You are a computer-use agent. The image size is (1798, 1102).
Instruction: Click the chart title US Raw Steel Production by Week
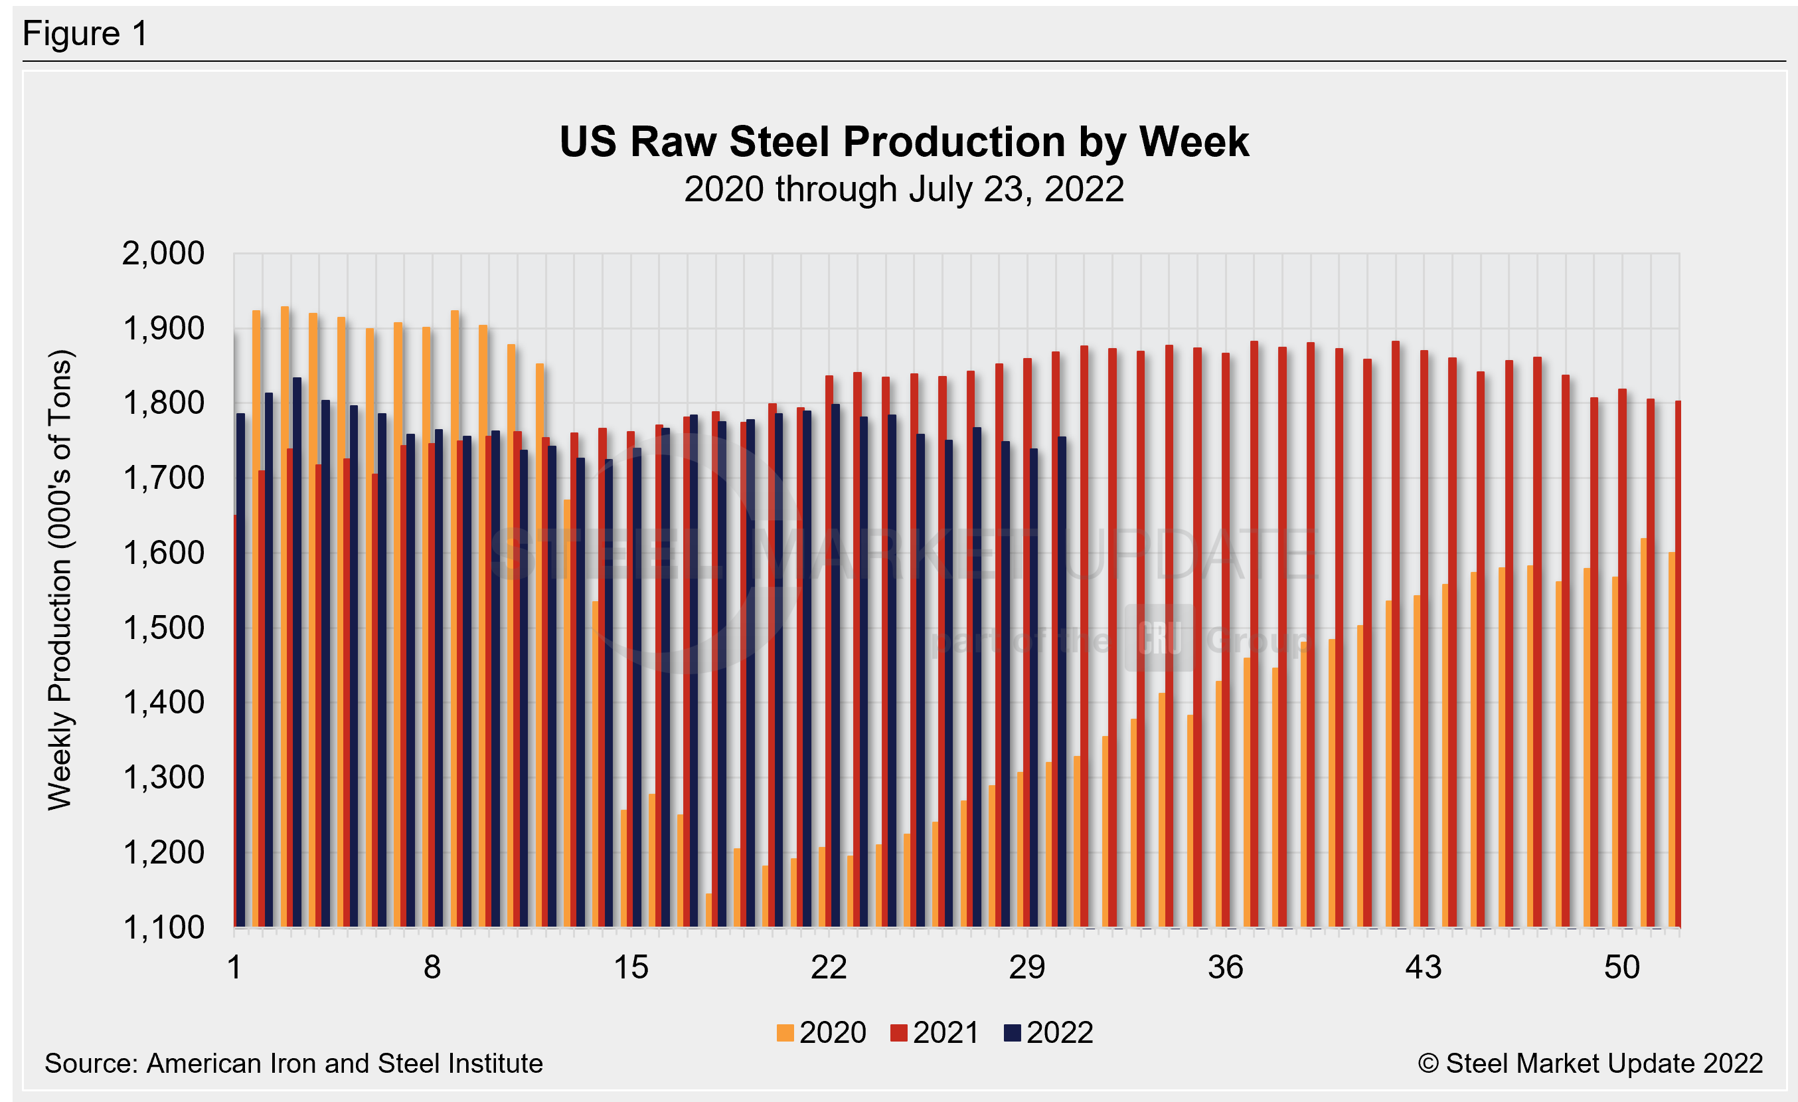click(x=904, y=141)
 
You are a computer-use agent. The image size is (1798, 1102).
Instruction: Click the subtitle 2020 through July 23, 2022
click(x=904, y=190)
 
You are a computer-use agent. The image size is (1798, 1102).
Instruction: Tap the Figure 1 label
click(x=86, y=34)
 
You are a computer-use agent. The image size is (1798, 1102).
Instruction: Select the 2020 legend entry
click(x=822, y=1033)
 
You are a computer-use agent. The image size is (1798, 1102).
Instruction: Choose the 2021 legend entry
click(x=935, y=1033)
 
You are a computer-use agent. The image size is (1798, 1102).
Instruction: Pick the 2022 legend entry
click(x=1048, y=1033)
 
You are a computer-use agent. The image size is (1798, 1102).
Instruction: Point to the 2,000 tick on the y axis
click(x=163, y=254)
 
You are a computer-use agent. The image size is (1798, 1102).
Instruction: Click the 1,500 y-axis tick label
click(x=163, y=628)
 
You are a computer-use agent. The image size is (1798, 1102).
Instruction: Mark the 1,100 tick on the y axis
click(x=163, y=927)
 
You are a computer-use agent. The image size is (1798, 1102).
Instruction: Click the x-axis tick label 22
click(x=829, y=968)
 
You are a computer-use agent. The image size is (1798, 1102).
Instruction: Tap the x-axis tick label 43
click(x=1424, y=968)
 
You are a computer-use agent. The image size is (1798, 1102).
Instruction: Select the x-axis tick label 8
click(x=432, y=968)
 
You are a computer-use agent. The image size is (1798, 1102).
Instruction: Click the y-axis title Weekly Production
click(x=60, y=580)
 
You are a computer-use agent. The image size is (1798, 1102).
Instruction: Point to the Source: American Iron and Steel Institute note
click(x=293, y=1063)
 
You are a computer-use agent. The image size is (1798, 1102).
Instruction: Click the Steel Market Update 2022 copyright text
click(x=1590, y=1063)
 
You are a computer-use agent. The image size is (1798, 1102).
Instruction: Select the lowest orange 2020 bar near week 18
click(x=708, y=910)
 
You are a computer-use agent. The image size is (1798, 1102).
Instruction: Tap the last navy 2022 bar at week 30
click(x=1062, y=682)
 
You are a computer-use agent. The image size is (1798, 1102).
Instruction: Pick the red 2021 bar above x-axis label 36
click(x=1226, y=642)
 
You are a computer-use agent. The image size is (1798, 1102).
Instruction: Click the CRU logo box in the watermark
click(x=1159, y=638)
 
